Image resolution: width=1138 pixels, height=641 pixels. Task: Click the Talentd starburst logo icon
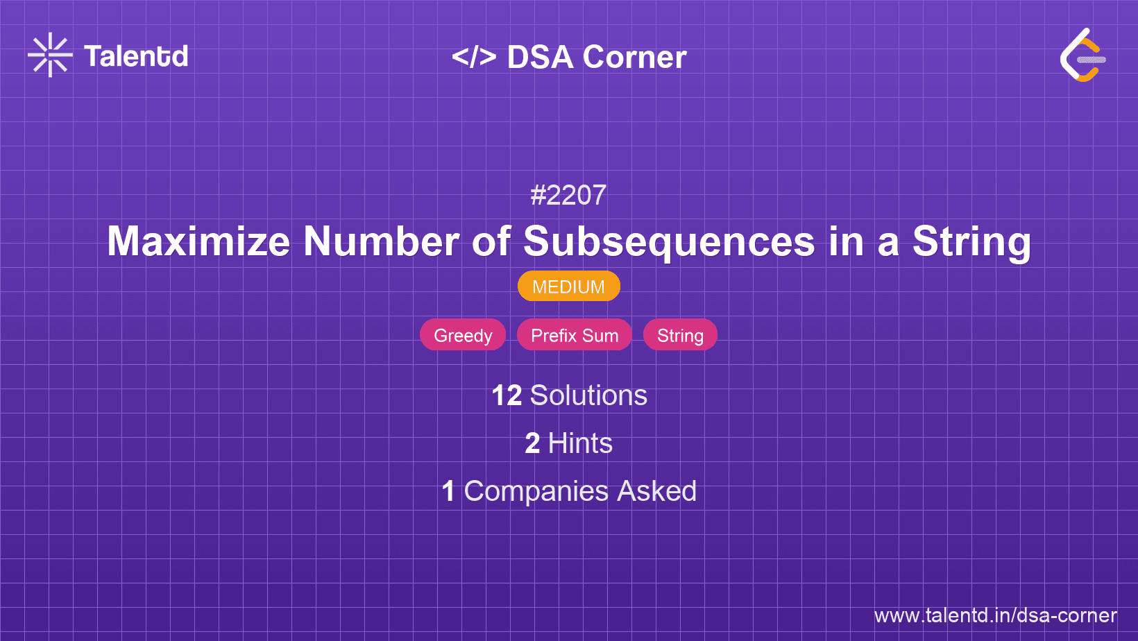50,55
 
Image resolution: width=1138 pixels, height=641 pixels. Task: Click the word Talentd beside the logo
136,56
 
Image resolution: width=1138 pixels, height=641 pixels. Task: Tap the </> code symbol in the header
474,57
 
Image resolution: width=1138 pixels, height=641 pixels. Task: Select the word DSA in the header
540,57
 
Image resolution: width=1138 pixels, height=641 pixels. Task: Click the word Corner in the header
634,57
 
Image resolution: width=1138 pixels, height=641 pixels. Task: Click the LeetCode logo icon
1082,55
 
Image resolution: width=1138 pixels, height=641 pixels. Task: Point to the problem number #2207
568,195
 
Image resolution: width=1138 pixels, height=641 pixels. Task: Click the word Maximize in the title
198,241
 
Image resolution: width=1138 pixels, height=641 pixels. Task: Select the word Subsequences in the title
669,241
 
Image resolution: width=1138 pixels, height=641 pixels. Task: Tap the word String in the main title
971,241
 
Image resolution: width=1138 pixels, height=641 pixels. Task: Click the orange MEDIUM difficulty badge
568,287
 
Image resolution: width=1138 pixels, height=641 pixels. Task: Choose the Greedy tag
463,335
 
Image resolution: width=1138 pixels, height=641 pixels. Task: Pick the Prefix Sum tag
575,335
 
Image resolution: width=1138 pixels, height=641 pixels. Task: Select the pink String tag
680,335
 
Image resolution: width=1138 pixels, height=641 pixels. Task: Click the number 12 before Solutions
507,395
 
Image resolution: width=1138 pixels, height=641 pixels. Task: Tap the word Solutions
588,395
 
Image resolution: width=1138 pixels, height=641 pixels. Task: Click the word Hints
580,443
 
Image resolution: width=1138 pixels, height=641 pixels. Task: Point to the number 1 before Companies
448,491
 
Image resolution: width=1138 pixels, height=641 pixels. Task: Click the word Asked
656,491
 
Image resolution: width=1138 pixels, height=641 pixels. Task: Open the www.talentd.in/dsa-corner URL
995,615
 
